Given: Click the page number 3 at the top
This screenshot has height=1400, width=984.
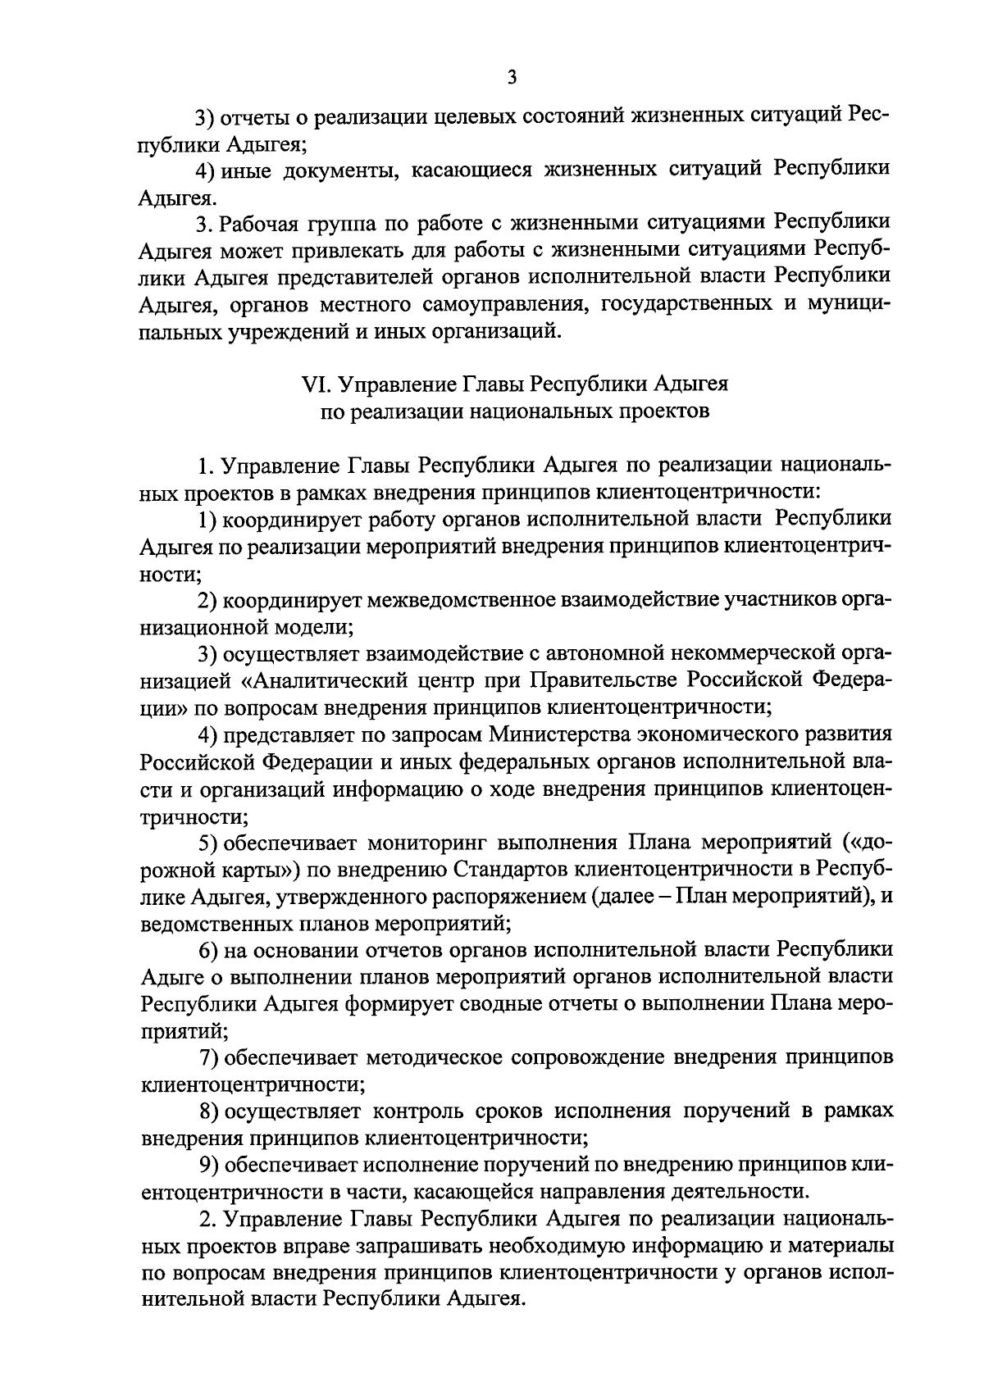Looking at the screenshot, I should click(512, 78).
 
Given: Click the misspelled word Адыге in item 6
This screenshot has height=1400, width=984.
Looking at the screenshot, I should click(170, 976).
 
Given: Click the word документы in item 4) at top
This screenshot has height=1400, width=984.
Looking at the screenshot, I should click(344, 170).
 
